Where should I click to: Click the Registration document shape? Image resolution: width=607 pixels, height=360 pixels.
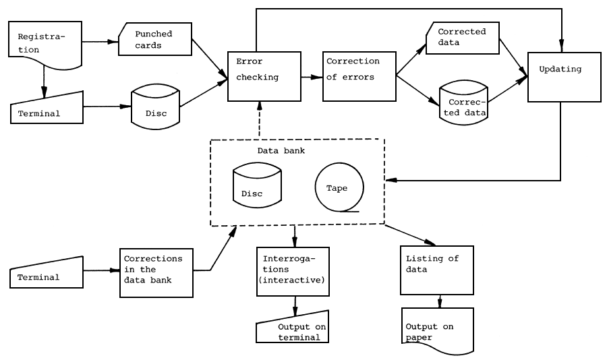45,43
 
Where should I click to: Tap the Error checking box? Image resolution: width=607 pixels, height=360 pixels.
262,76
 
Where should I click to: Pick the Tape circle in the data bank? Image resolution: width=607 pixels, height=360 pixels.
339,187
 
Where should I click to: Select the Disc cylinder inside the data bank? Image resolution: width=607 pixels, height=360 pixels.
256,185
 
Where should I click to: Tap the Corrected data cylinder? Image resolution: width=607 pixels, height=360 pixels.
463,102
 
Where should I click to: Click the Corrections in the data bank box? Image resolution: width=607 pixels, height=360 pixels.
155,272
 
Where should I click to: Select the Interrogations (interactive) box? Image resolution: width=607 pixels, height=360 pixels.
293,271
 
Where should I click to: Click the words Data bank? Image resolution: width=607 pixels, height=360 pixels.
281,150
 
